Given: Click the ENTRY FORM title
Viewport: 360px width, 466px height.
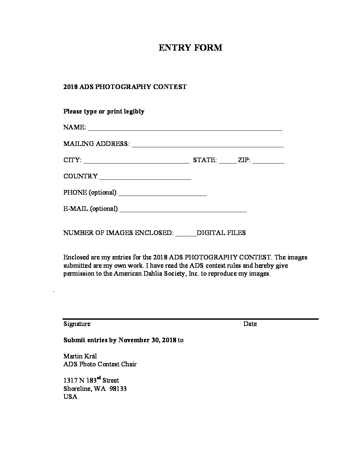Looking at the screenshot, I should click(190, 48).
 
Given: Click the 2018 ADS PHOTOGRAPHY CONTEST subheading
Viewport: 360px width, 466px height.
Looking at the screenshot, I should click(125, 87).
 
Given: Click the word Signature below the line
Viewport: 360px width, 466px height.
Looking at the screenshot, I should click(77, 324).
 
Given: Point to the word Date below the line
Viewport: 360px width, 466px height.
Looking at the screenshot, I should click(250, 324).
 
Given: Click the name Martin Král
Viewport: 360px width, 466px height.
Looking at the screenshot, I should click(80, 356).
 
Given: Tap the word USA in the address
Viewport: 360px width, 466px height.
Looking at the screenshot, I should click(70, 397).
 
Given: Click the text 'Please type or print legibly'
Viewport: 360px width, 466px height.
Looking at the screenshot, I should click(104, 112).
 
